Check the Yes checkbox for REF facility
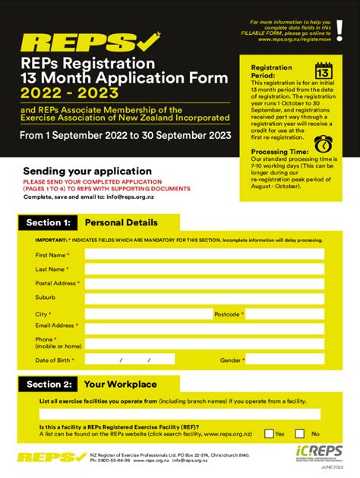[269, 435]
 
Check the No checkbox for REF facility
[305, 435]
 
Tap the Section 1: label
[48, 223]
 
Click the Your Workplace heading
[120, 385]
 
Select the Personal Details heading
[122, 223]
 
